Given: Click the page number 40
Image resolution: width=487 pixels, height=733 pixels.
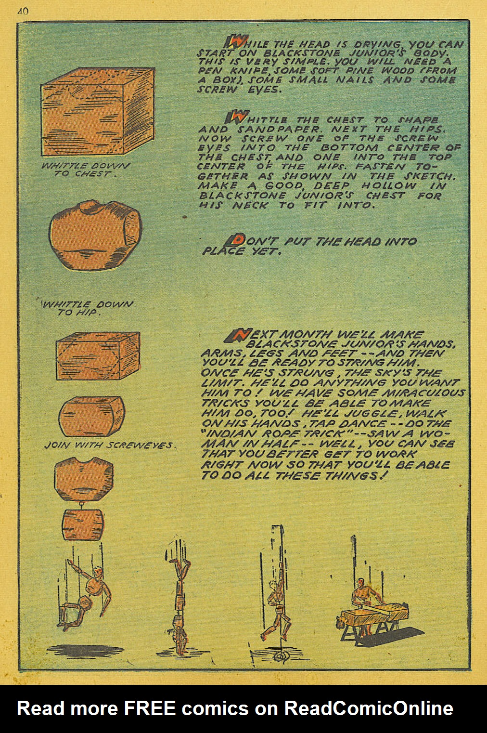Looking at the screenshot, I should coord(23,12).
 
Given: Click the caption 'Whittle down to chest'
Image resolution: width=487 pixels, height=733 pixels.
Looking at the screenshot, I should coord(86,170).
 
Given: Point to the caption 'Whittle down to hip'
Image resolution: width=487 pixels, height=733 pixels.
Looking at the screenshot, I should coord(87,308).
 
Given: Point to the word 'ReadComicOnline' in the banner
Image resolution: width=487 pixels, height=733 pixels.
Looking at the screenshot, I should coord(369,708).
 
